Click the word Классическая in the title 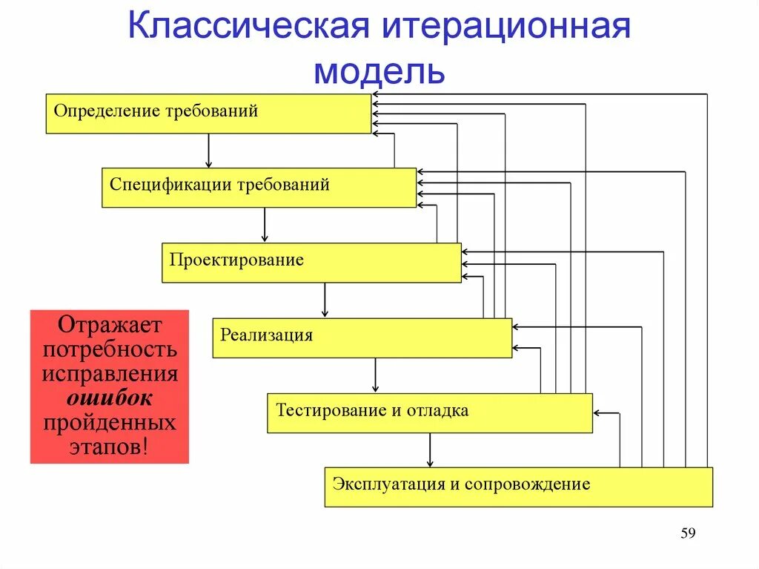click(248, 28)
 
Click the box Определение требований click(208, 114)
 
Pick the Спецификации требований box click(259, 187)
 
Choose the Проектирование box click(311, 263)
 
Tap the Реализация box click(362, 338)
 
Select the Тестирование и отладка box click(429, 412)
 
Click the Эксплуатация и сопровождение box click(518, 487)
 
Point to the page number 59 click(689, 534)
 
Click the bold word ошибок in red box click(110, 398)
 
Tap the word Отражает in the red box click(110, 325)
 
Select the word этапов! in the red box click(110, 447)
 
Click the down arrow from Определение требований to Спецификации click(209, 151)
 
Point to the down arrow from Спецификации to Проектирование click(265, 226)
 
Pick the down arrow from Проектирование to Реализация click(324, 300)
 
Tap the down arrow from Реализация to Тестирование click(375, 375)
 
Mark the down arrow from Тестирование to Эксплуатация click(429, 450)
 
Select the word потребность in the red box click(110, 349)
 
